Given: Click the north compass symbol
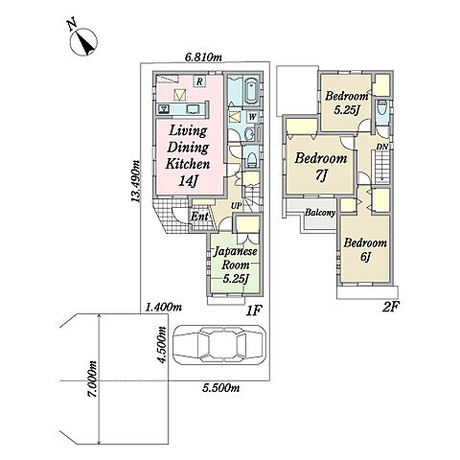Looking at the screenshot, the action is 83,42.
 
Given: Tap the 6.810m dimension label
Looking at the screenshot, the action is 204,57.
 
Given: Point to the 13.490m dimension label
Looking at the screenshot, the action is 135,181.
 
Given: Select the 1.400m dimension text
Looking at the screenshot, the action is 164,307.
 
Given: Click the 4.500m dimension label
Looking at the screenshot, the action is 163,345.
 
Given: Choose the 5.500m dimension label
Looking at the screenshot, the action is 221,388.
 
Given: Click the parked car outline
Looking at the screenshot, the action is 219,345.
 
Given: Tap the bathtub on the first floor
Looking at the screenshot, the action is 252,90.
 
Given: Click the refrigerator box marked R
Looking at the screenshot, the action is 199,81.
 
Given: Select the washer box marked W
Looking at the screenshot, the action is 252,117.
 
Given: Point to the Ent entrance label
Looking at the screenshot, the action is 199,217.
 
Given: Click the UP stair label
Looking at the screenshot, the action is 237,206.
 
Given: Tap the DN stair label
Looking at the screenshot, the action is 382,147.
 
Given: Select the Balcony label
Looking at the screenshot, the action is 320,213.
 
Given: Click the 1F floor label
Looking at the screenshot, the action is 254,310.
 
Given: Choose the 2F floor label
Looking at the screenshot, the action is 391,307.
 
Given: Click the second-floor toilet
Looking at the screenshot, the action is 381,109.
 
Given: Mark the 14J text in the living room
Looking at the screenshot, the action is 188,181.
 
